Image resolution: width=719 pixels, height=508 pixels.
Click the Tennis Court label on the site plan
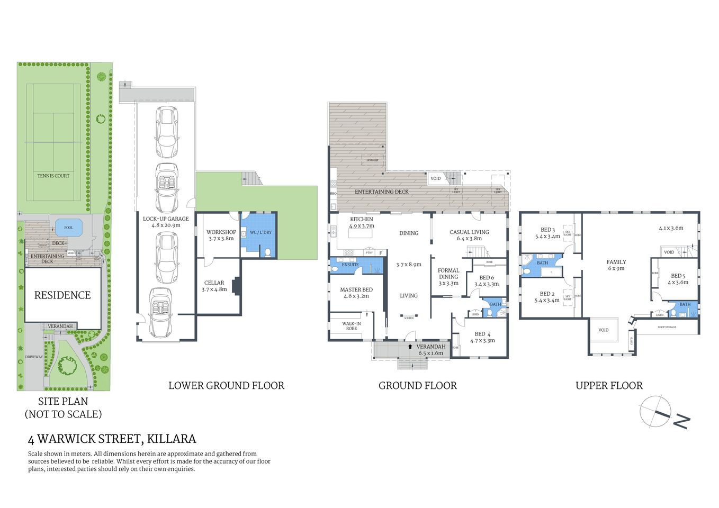point(53,176)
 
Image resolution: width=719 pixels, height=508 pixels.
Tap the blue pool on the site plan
point(68,228)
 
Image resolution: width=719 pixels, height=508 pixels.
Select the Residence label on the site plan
point(62,295)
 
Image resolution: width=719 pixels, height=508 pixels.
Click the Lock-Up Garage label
point(166,219)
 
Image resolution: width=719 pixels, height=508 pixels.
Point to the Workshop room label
point(221,232)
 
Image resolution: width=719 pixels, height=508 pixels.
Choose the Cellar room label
point(214,283)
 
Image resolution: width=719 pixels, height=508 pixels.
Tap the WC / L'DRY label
point(260,232)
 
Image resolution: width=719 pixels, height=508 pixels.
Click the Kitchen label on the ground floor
point(362,219)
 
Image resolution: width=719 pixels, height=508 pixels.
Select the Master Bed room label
point(356,290)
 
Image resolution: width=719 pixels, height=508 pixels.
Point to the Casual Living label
point(469,232)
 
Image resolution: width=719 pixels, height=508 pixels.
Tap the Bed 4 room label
point(482,334)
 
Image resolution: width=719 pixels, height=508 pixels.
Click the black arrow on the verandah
point(410,347)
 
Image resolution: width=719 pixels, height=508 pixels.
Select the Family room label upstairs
point(616,262)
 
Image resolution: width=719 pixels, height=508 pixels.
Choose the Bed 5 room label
point(678,276)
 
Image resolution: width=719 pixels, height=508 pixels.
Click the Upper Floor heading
point(609,386)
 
